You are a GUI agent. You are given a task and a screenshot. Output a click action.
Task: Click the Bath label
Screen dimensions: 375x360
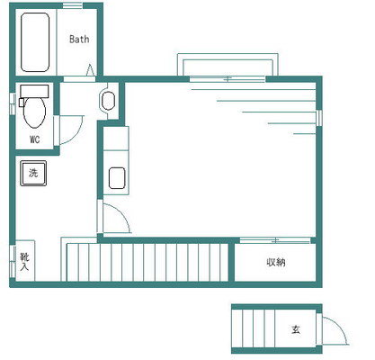[x=79, y=39]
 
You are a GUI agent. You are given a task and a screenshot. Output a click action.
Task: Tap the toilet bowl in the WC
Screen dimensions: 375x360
[x=35, y=112]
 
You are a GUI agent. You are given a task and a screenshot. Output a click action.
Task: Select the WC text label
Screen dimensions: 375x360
[x=34, y=139]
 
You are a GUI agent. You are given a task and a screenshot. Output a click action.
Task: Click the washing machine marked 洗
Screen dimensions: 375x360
[x=33, y=173]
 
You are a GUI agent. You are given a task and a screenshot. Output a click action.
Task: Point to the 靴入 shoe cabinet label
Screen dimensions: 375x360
[x=24, y=262]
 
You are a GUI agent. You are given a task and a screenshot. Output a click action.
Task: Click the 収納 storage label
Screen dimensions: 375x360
[x=276, y=262]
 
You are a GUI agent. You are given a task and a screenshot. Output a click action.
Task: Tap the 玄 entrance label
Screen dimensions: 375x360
[x=296, y=329]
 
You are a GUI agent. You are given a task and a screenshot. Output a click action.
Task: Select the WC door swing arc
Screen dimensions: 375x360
[x=79, y=133]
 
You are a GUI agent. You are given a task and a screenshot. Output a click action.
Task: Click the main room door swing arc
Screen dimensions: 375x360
[x=124, y=213]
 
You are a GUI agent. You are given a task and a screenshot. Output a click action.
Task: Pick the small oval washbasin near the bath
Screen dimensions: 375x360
[x=108, y=101]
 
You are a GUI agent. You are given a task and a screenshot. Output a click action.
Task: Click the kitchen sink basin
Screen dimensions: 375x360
[x=117, y=178]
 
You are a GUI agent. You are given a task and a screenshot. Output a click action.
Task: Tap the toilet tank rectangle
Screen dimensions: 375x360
[x=34, y=91]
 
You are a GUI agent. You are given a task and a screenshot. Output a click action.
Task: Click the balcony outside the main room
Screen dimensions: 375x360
[x=228, y=65]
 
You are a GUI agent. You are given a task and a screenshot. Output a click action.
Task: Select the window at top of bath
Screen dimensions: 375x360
[x=73, y=5]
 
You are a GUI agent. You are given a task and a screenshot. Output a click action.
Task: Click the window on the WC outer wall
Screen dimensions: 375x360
[x=13, y=103]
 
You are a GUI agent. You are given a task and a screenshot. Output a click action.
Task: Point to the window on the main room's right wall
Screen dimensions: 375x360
[x=319, y=118]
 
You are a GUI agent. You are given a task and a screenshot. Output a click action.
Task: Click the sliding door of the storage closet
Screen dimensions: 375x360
[x=275, y=240]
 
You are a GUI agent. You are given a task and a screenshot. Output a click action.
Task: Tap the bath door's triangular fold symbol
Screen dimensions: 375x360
[x=90, y=70]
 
